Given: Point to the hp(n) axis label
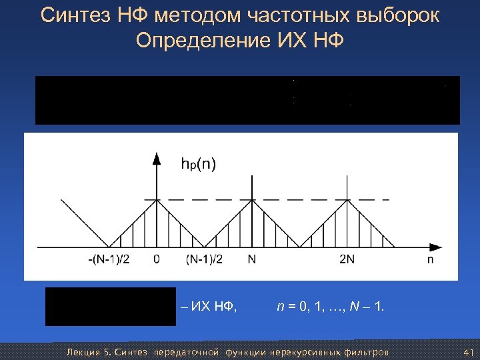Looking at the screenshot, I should coord(198,164).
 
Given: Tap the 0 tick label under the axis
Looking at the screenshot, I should coord(157,259).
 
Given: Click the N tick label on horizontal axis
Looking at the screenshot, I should coord(251,259).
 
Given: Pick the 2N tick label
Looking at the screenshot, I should coord(347,259).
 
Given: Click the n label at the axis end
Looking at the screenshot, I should coord(430,259).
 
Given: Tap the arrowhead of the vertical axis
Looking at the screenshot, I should coord(157,159).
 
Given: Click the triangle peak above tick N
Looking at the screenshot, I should coord(252,199).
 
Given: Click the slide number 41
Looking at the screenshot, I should coord(467,351).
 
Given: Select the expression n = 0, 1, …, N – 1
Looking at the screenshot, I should coord(330,307).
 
